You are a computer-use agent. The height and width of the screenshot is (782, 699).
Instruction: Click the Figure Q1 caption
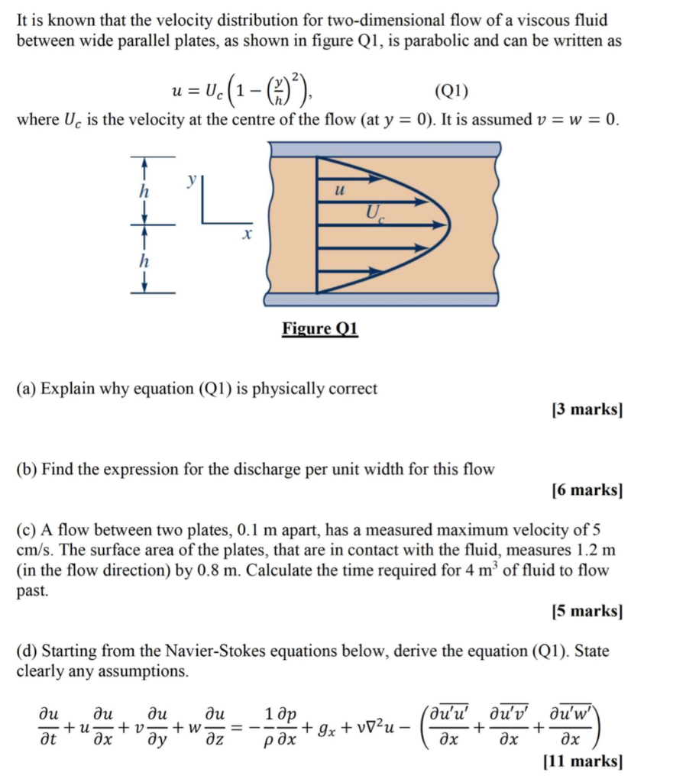(320, 329)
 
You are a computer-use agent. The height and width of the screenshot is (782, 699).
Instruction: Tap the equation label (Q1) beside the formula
(451, 92)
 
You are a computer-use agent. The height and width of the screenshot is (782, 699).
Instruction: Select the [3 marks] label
(587, 410)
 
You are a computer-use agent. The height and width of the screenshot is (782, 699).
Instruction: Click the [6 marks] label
(587, 490)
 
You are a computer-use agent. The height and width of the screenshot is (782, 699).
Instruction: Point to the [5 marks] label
(587, 611)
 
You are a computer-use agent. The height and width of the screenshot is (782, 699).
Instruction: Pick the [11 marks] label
(582, 761)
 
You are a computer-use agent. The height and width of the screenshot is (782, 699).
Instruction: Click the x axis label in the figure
(246, 237)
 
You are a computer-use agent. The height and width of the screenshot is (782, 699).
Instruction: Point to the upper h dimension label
(141, 192)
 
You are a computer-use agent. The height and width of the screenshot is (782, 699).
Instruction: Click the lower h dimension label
(141, 260)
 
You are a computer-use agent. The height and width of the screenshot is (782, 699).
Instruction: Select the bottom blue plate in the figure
(382, 299)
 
